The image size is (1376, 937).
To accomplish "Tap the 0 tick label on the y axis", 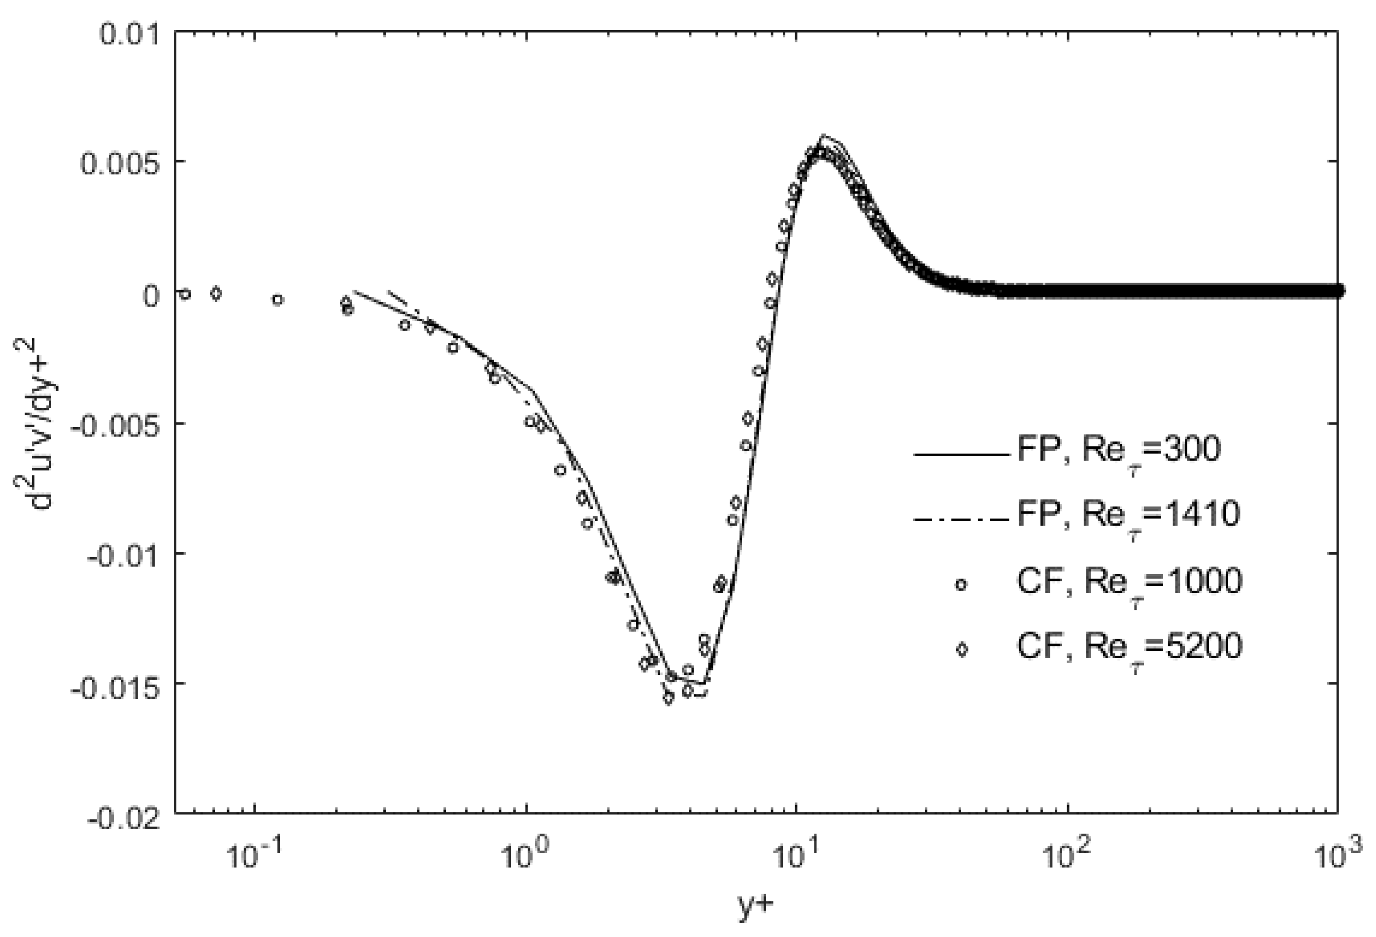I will (153, 294).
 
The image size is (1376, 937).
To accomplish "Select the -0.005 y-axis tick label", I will (115, 425).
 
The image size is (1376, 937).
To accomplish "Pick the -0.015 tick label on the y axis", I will (115, 686).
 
